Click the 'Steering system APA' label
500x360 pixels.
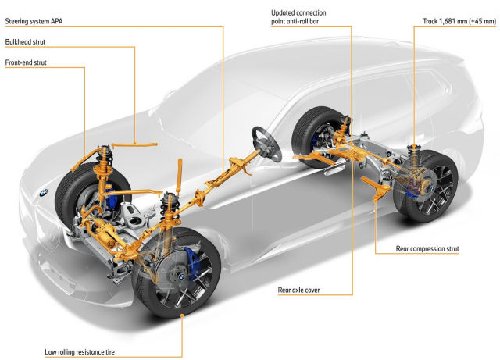34,21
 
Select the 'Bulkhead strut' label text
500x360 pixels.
25,41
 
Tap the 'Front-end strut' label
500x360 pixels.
26,62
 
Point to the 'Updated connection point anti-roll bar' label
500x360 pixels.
298,17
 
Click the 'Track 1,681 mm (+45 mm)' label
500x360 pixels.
459,21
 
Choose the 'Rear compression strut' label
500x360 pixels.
427,248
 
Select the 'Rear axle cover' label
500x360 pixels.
298,290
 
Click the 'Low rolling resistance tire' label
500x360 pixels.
80,352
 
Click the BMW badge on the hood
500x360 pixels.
44,192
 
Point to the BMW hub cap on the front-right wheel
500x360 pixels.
180,277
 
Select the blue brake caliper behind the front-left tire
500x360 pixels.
112,198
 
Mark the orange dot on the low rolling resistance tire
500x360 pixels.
182,315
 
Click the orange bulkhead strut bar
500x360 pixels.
134,144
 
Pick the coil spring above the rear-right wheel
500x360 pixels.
414,157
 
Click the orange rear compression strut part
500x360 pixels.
377,188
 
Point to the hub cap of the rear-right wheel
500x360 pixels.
431,189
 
